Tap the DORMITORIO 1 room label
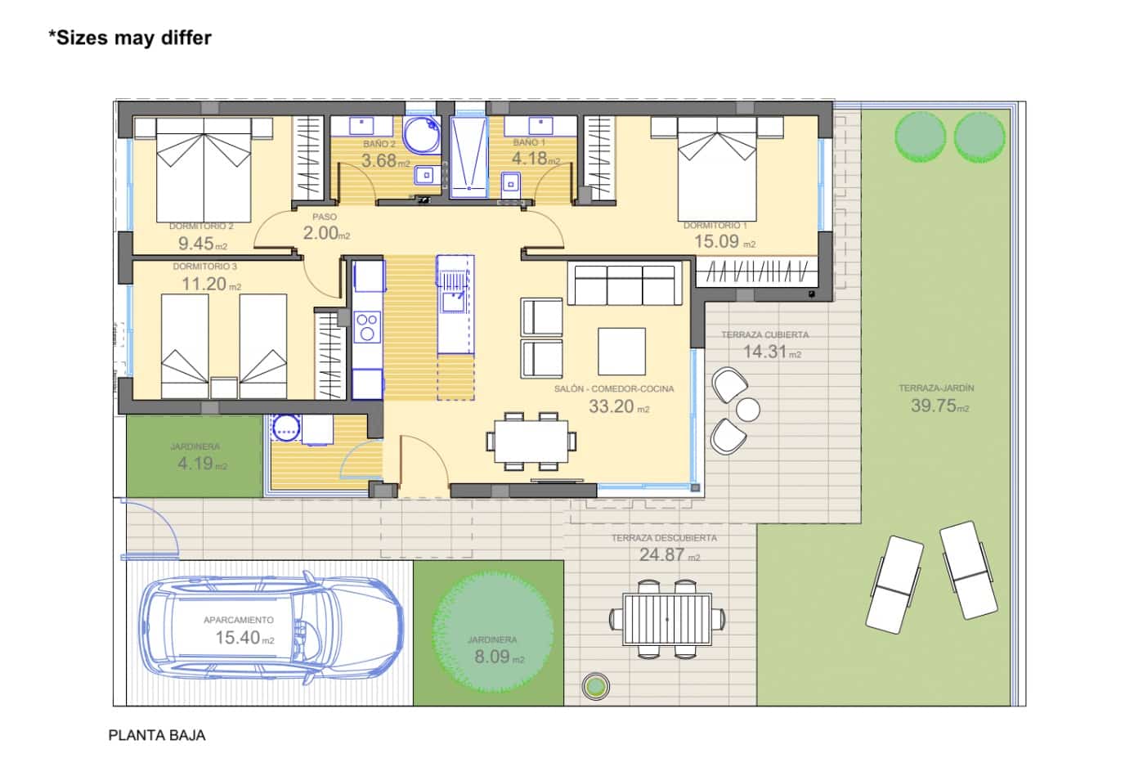[x=715, y=226]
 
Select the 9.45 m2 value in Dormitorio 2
[x=202, y=244]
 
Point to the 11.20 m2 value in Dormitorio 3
[x=210, y=284]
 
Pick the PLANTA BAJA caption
[x=157, y=735]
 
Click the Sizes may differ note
[x=130, y=38]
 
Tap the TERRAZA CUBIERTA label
[x=764, y=334]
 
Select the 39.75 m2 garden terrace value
[x=939, y=406]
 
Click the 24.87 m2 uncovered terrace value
[x=669, y=554]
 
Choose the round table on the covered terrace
[x=747, y=409]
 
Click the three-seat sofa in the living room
[x=625, y=285]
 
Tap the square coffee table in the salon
[x=621, y=351]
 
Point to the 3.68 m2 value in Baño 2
[x=385, y=161]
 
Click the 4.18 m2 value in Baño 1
[x=536, y=159]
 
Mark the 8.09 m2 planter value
[x=499, y=657]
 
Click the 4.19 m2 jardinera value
[x=202, y=464]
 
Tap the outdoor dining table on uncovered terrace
[x=666, y=620]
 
